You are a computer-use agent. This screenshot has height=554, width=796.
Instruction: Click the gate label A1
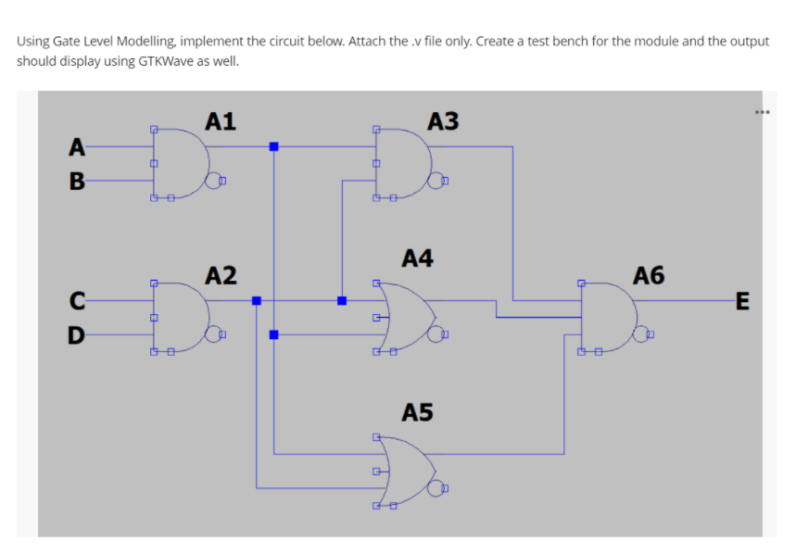pyautogui.click(x=221, y=120)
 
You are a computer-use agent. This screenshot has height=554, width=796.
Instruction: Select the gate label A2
pyautogui.click(x=221, y=275)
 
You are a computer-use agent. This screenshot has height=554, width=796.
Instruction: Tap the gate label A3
pyautogui.click(x=443, y=120)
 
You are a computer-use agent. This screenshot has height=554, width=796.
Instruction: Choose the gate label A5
pyautogui.click(x=418, y=412)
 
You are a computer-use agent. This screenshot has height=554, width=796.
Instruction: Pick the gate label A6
pyautogui.click(x=649, y=275)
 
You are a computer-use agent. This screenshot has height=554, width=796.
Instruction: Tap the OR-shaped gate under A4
pyautogui.click(x=403, y=317)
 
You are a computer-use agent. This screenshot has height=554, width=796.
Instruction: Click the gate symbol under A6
pyautogui.click(x=607, y=317)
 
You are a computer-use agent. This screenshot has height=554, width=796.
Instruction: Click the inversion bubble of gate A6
pyautogui.click(x=641, y=334)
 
